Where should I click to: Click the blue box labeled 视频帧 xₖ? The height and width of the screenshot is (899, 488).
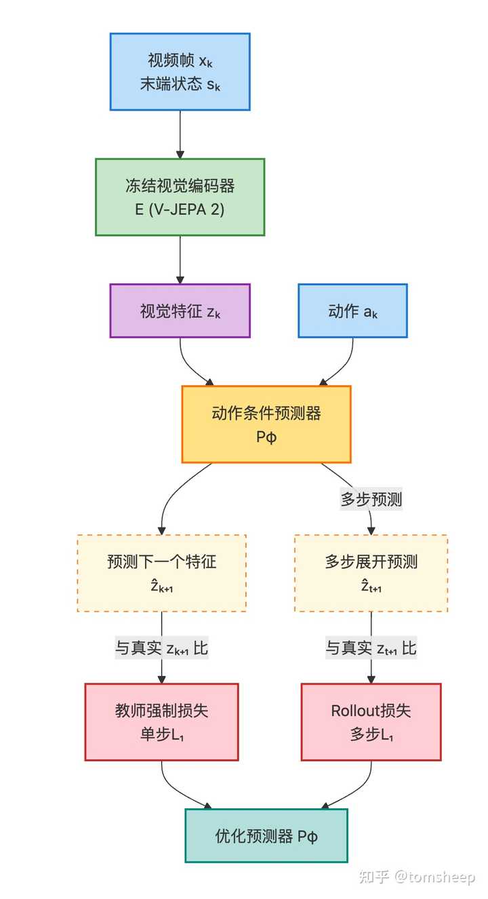point(180,71)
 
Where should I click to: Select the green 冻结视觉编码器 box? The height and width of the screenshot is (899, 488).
point(180,197)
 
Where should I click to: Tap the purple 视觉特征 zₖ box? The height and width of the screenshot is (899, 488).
point(180,311)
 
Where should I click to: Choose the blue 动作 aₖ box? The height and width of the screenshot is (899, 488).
point(352,311)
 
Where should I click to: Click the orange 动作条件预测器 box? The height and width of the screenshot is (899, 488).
point(266,424)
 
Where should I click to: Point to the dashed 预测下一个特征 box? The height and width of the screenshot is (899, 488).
point(161,573)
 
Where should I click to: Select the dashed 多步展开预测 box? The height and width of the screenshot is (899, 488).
point(371,573)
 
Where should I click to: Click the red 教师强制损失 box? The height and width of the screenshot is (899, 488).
point(161,721)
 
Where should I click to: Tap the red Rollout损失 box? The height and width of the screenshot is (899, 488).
point(371,721)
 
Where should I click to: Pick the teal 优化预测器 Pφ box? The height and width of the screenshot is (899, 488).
point(266,835)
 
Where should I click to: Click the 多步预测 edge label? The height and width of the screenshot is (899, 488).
point(371,500)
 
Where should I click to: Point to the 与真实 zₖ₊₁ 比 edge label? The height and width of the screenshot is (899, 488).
point(161,648)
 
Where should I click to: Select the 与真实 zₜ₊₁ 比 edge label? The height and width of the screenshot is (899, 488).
point(371,648)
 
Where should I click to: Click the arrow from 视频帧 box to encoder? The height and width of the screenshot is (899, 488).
point(180,134)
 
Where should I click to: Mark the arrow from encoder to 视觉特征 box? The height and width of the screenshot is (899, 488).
point(180,259)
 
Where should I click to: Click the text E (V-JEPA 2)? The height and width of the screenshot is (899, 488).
point(180,209)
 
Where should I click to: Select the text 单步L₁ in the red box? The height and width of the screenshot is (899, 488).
point(161,734)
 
